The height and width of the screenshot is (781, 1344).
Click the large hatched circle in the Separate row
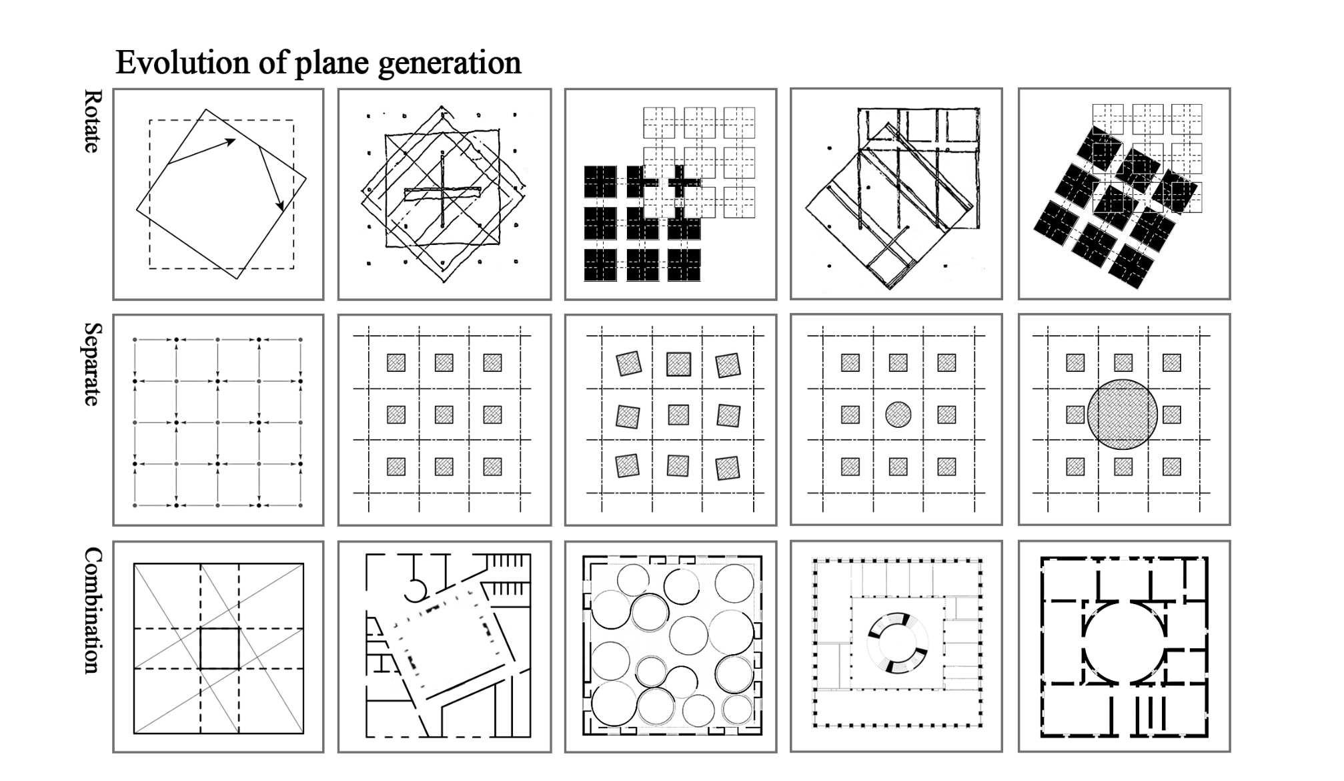[1123, 414]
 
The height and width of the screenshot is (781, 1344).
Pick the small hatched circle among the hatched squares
[898, 415]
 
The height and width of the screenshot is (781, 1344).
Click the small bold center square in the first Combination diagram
[219, 648]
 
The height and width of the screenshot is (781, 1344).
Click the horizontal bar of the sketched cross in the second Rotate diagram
[442, 193]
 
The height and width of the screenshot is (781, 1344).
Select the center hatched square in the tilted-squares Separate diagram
[678, 415]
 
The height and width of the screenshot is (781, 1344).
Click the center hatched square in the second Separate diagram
[444, 415]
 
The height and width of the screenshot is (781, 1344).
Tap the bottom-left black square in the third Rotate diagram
[600, 265]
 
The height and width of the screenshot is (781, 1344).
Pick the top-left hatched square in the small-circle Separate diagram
[850, 362]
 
